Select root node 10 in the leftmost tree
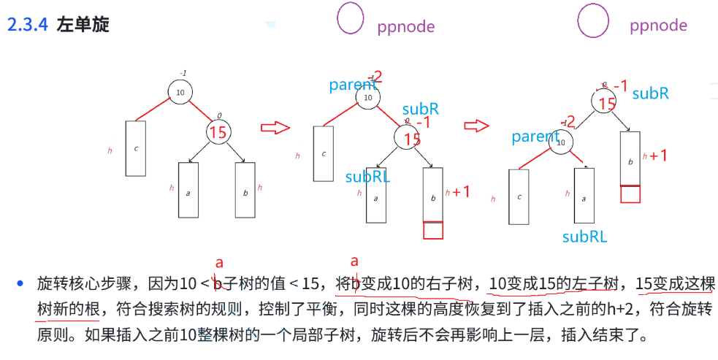pyautogui.click(x=180, y=91)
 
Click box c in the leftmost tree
pyautogui.click(x=136, y=148)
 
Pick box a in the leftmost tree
pyautogui.click(x=188, y=190)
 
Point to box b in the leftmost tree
pyautogui.click(x=245, y=190)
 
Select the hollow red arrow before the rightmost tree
pyautogui.click(x=477, y=126)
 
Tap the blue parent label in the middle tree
pyautogui.click(x=352, y=85)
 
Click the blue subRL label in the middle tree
pyautogui.click(x=368, y=176)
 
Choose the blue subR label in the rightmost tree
pyautogui.click(x=650, y=93)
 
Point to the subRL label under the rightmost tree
pyautogui.click(x=584, y=237)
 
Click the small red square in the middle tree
pyautogui.click(x=433, y=230)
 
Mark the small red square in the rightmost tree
pyautogui.click(x=630, y=194)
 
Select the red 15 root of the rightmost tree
pyautogui.click(x=606, y=103)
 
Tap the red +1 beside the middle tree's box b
pyautogui.click(x=461, y=192)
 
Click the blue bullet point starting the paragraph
pyautogui.click(x=21, y=283)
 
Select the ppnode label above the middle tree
pyautogui.click(x=406, y=27)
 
